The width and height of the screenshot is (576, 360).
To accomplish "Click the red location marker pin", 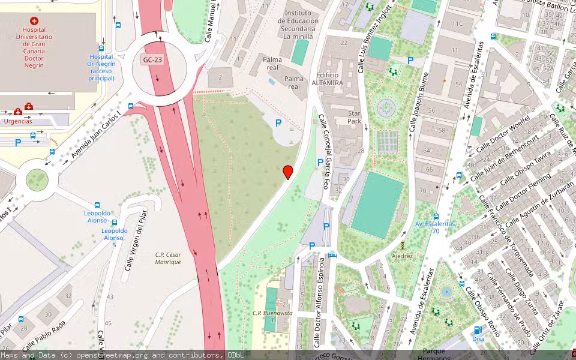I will tap(288, 172).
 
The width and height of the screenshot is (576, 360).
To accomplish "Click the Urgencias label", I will tap(18, 121).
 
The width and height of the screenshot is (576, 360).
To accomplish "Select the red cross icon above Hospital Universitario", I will tap(34, 21).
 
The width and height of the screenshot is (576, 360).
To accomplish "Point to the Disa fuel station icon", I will tap(478, 330).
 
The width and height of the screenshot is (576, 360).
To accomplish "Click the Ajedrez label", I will tap(402, 256).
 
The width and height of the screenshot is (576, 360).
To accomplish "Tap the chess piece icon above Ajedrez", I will tap(402, 245).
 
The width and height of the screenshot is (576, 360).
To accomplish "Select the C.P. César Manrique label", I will tap(168, 257).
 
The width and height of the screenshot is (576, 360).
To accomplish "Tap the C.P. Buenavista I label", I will tap(272, 315).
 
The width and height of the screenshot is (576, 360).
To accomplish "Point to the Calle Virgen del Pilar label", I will tap(134, 243).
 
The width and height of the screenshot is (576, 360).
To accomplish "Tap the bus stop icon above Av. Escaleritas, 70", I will tap(436, 216).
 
